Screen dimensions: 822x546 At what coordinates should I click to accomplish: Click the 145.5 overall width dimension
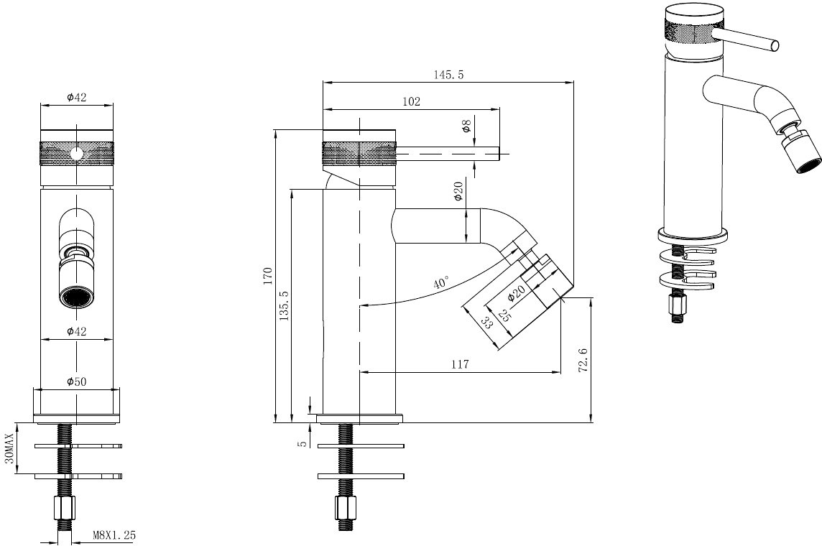click(448, 75)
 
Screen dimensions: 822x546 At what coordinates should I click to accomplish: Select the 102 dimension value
click(411, 101)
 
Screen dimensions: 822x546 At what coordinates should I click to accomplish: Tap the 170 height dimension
click(269, 276)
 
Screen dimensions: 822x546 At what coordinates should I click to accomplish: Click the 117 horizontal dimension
click(460, 364)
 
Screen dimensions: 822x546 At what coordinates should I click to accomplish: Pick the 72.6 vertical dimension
click(583, 360)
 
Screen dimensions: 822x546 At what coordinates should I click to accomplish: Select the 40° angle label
click(441, 282)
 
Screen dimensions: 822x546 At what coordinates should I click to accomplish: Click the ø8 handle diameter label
click(466, 126)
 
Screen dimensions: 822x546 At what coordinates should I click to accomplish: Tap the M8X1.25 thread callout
click(114, 535)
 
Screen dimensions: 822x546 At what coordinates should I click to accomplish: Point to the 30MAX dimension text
click(8, 448)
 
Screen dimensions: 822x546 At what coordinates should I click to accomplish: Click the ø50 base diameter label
click(77, 381)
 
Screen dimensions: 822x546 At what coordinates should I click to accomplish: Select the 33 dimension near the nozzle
click(486, 323)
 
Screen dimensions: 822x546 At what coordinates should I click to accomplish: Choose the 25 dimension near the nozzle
click(504, 315)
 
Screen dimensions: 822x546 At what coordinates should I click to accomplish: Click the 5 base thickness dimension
click(302, 443)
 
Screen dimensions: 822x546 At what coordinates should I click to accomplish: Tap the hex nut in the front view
click(65, 507)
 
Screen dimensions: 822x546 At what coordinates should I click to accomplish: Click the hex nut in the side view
click(346, 507)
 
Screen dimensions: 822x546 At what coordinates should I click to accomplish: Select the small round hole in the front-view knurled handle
click(77, 154)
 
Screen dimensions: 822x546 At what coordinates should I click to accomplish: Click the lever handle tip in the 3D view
click(774, 46)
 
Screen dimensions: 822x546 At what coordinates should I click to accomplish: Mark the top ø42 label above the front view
click(77, 97)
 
